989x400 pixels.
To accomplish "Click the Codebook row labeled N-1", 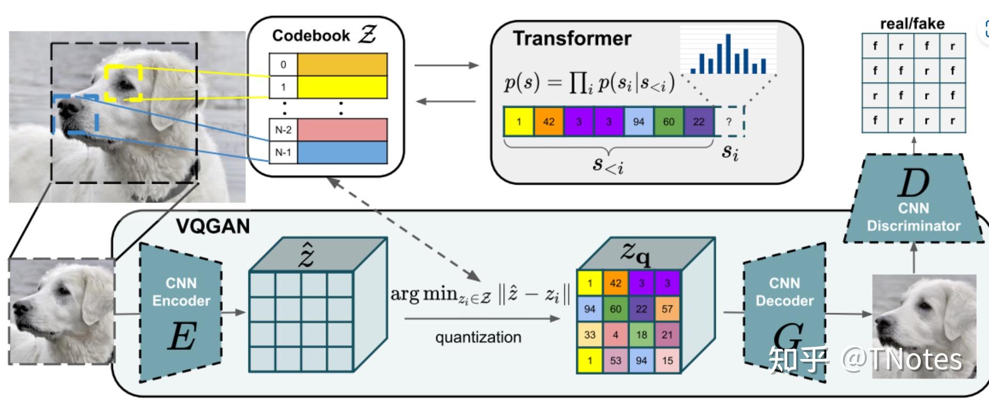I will pos(328,153).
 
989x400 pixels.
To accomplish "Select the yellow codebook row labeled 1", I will pos(328,87).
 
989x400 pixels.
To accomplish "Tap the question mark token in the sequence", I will pos(729,121).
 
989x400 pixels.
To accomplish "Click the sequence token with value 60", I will pos(668,121).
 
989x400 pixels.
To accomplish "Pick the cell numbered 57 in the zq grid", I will pos(667,309).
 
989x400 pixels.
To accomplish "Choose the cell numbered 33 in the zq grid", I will pos(590,335).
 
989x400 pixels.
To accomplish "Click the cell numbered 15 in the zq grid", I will pos(667,361).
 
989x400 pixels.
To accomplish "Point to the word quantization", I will pos(478,337).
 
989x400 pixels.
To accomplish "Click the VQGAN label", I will pos(212,226).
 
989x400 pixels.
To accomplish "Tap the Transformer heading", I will pos(571,38).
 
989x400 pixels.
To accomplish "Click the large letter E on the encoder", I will pos(182,336).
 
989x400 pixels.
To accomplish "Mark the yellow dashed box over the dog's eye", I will pos(124,83).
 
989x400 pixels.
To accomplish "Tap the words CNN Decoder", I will pos(784,292).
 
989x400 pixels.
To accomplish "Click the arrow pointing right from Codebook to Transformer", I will pos(446,65).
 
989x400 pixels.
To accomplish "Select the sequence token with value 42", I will pos(549,121).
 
